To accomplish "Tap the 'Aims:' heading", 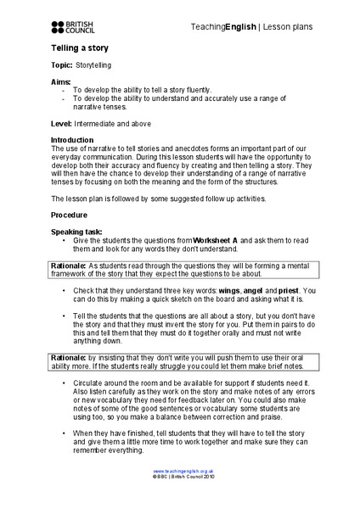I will [x=62, y=81].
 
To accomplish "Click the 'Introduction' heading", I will [x=74, y=140].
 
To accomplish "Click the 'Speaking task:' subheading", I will [x=80, y=231].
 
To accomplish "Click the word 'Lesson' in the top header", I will [x=277, y=27].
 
